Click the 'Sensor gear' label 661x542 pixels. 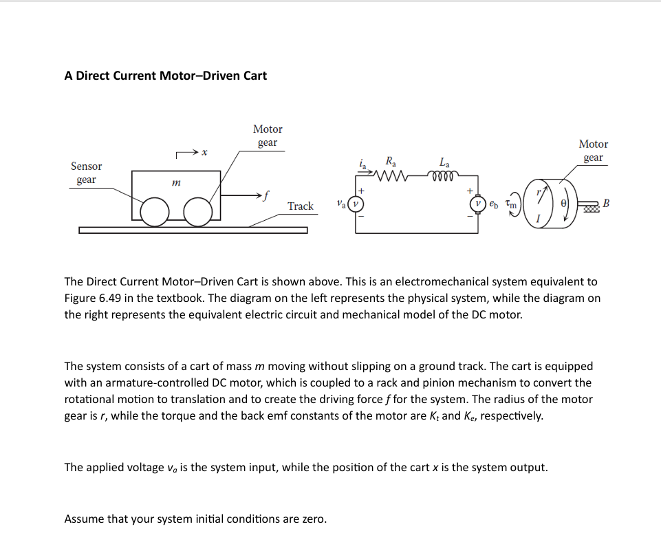coord(86,173)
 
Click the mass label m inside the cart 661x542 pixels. coord(176,183)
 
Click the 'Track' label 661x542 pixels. coord(300,206)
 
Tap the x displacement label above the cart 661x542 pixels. coord(205,152)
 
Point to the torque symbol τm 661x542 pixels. coord(510,204)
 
